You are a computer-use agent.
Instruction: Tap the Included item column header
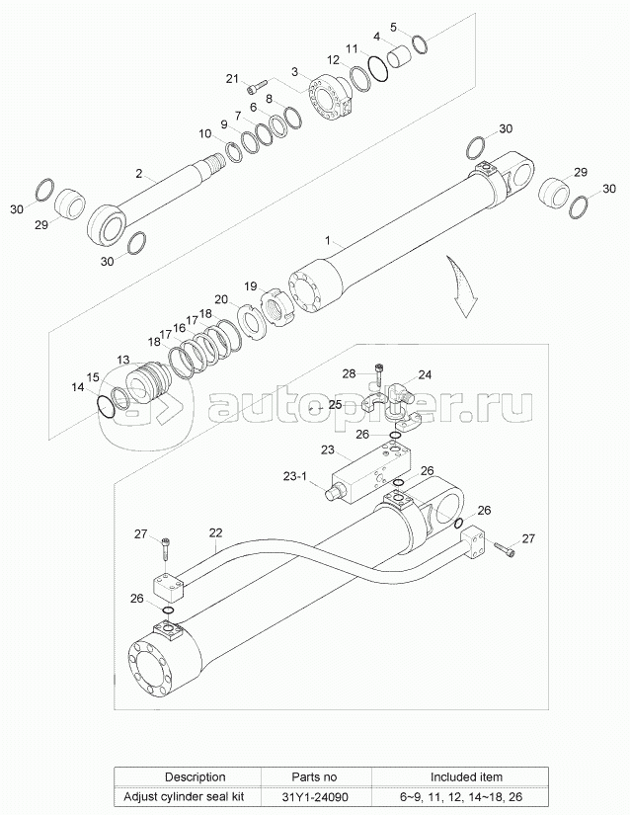(x=464, y=776)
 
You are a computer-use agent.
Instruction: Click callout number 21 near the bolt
(x=232, y=78)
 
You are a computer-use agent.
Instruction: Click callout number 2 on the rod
(x=139, y=174)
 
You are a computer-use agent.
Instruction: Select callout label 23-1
(x=295, y=475)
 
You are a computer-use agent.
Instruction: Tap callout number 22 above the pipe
(x=215, y=532)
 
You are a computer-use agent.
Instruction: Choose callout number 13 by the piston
(x=123, y=360)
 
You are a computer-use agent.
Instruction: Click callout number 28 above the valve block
(x=349, y=372)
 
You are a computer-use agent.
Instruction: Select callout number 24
(x=425, y=375)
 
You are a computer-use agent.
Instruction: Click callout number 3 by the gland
(x=294, y=72)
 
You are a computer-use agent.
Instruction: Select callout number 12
(x=334, y=59)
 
